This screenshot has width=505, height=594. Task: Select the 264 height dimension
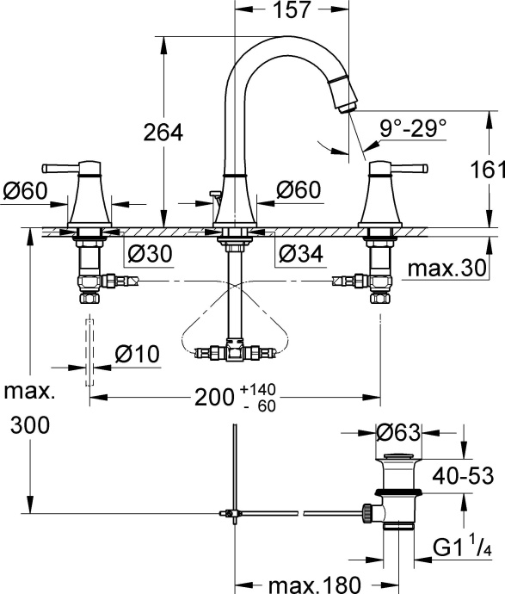coord(163,133)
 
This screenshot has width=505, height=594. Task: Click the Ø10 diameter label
coord(138,353)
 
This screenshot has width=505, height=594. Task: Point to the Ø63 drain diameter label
coord(401,430)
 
